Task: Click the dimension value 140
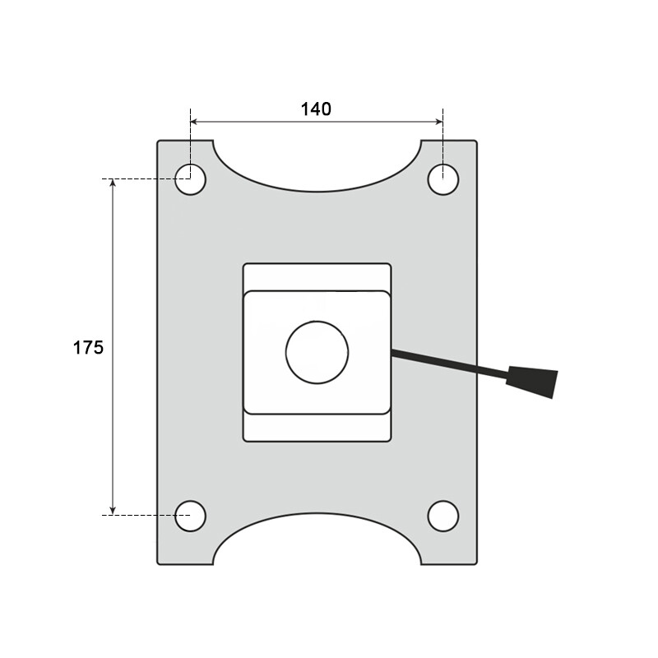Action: pyautogui.click(x=316, y=109)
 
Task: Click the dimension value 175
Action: pyautogui.click(x=88, y=347)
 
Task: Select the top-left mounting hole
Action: pyautogui.click(x=191, y=179)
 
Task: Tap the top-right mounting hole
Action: pyautogui.click(x=443, y=179)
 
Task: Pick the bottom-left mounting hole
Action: pyautogui.click(x=191, y=515)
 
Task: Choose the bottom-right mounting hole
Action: pyautogui.click(x=443, y=515)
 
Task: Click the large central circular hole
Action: pyautogui.click(x=317, y=352)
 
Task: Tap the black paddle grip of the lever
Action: pyautogui.click(x=534, y=381)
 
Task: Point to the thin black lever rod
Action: pyautogui.click(x=448, y=364)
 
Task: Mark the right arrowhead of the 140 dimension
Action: pyautogui.click(x=438, y=122)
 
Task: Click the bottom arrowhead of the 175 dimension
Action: pyautogui.click(x=114, y=509)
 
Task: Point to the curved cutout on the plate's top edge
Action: pyautogui.click(x=317, y=169)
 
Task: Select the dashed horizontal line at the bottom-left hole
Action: pyautogui.click(x=140, y=515)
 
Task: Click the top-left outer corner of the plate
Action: pyautogui.click(x=159, y=141)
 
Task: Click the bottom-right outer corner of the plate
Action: pyautogui.click(x=475, y=563)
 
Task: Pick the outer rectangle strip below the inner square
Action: pyautogui.click(x=317, y=428)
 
